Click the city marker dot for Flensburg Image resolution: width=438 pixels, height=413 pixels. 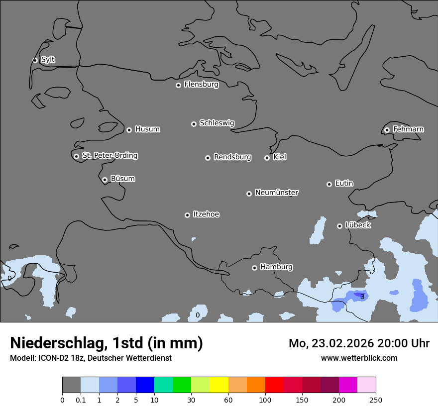tap(178, 85)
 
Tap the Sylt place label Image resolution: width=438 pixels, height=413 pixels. tap(48, 60)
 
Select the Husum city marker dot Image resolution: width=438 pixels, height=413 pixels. tap(129, 130)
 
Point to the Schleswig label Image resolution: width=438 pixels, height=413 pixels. tap(217, 123)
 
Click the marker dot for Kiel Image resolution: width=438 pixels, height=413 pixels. tap(267, 158)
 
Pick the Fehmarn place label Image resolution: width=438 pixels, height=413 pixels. tap(408, 129)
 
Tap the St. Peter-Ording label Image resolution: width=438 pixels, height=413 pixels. tap(109, 156)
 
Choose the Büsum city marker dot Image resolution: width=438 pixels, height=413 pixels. tap(105, 180)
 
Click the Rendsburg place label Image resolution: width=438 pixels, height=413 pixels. tap(232, 157)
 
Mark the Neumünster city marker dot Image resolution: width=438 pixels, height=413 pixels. tap(249, 194)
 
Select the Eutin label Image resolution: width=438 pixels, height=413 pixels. tap(344, 183)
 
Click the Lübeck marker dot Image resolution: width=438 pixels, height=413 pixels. tap(339, 226)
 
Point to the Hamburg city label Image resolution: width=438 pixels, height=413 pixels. tap(276, 267)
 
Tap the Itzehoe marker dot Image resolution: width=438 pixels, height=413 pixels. tap(187, 215)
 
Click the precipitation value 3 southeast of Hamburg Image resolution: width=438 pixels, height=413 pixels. tap(362, 297)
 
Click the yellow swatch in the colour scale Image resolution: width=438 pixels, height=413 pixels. tap(219, 385)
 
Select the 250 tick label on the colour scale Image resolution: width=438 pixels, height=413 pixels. tap(376, 400)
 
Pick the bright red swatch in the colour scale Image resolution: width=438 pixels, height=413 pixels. tap(274, 385)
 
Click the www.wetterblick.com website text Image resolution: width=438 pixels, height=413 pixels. tap(359, 358)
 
